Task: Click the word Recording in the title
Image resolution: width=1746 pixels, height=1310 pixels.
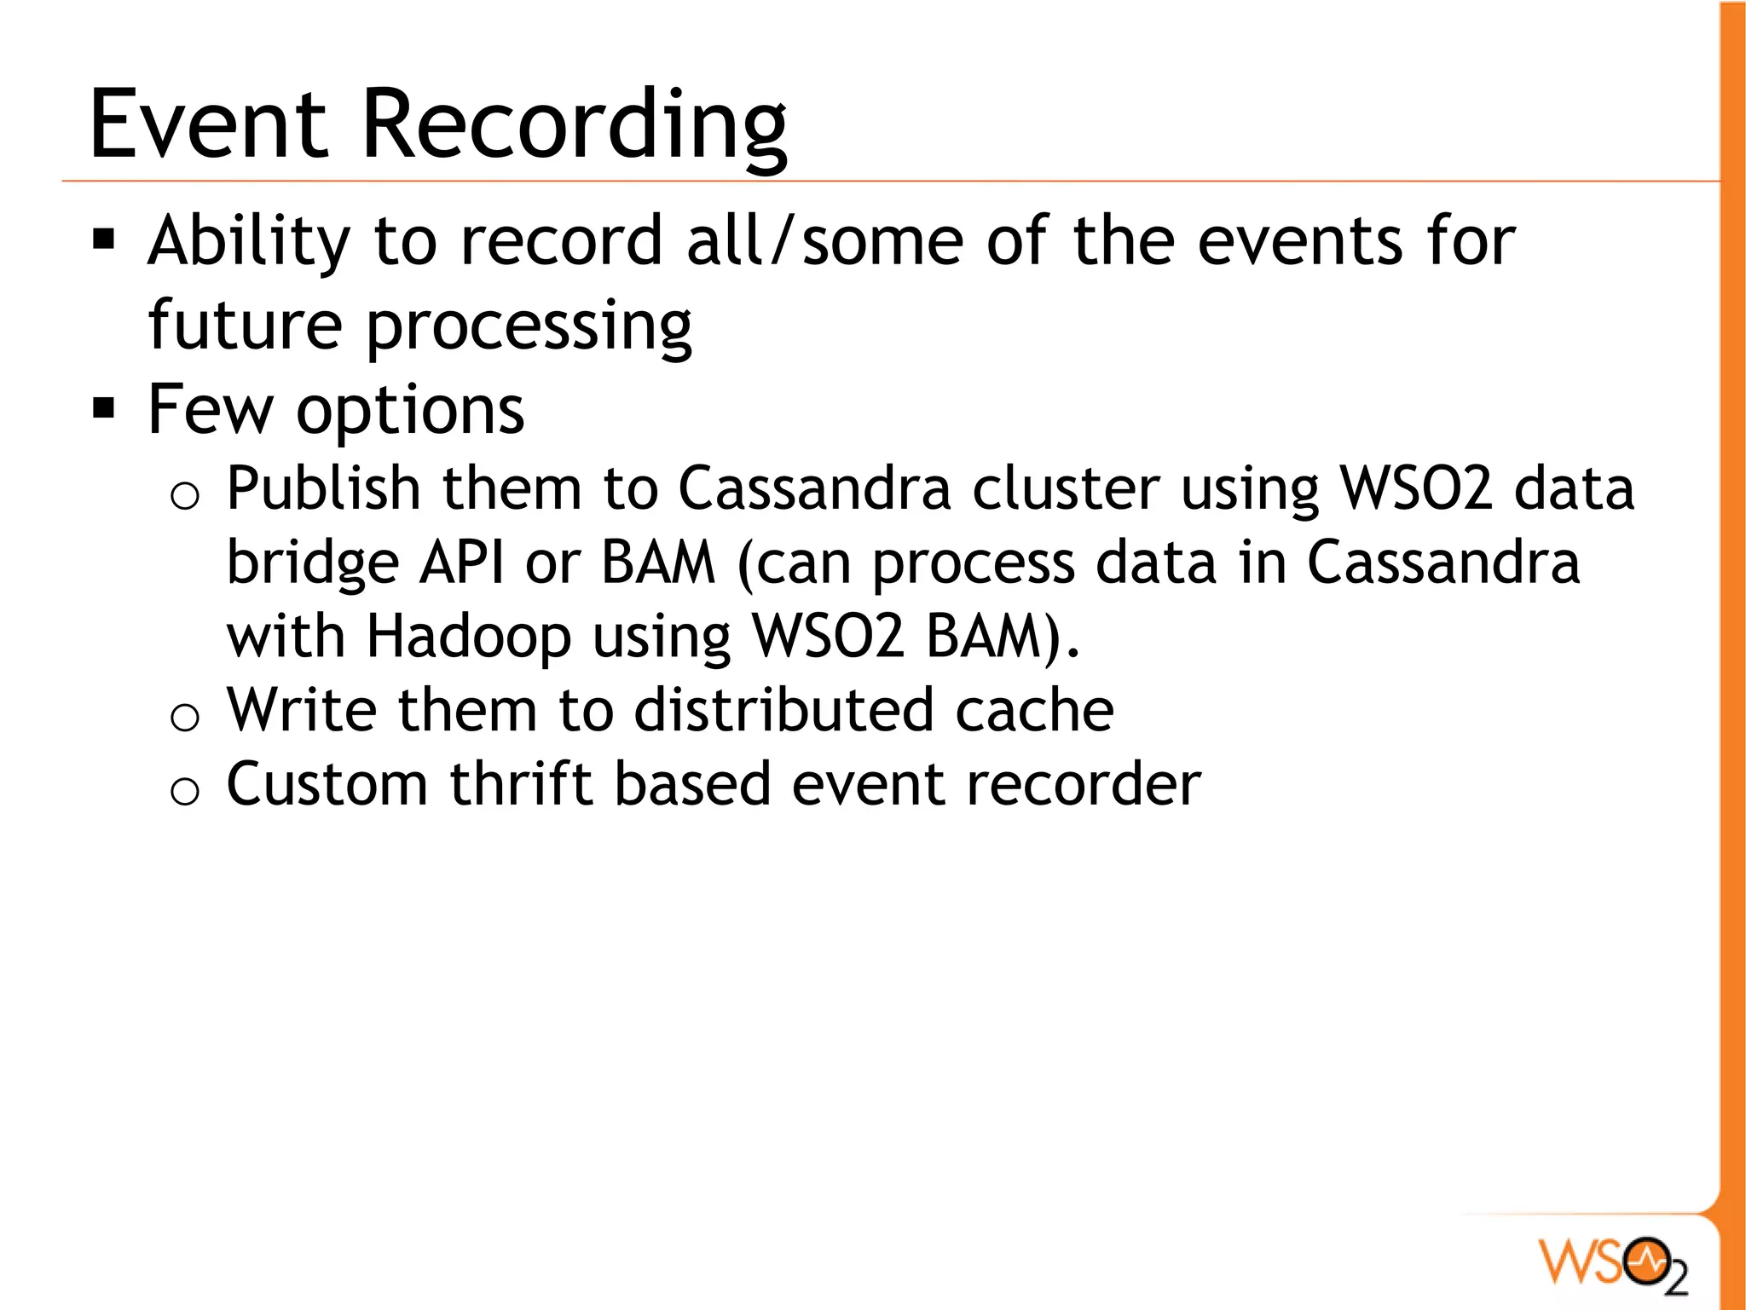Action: click(x=575, y=125)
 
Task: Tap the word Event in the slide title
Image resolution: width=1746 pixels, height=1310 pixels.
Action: click(x=208, y=125)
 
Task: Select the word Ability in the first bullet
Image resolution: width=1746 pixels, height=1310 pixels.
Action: click(x=248, y=241)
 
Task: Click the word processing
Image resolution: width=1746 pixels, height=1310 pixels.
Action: click(x=529, y=328)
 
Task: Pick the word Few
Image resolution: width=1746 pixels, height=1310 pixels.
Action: click(x=210, y=410)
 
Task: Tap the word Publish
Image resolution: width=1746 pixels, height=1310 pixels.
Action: click(x=323, y=489)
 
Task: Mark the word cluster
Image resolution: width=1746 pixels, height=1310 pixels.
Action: click(x=1066, y=489)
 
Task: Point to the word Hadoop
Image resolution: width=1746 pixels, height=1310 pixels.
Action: click(x=468, y=638)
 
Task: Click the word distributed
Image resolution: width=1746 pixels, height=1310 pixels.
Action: click(x=783, y=710)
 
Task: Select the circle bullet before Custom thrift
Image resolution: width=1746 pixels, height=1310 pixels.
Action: click(x=185, y=791)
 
